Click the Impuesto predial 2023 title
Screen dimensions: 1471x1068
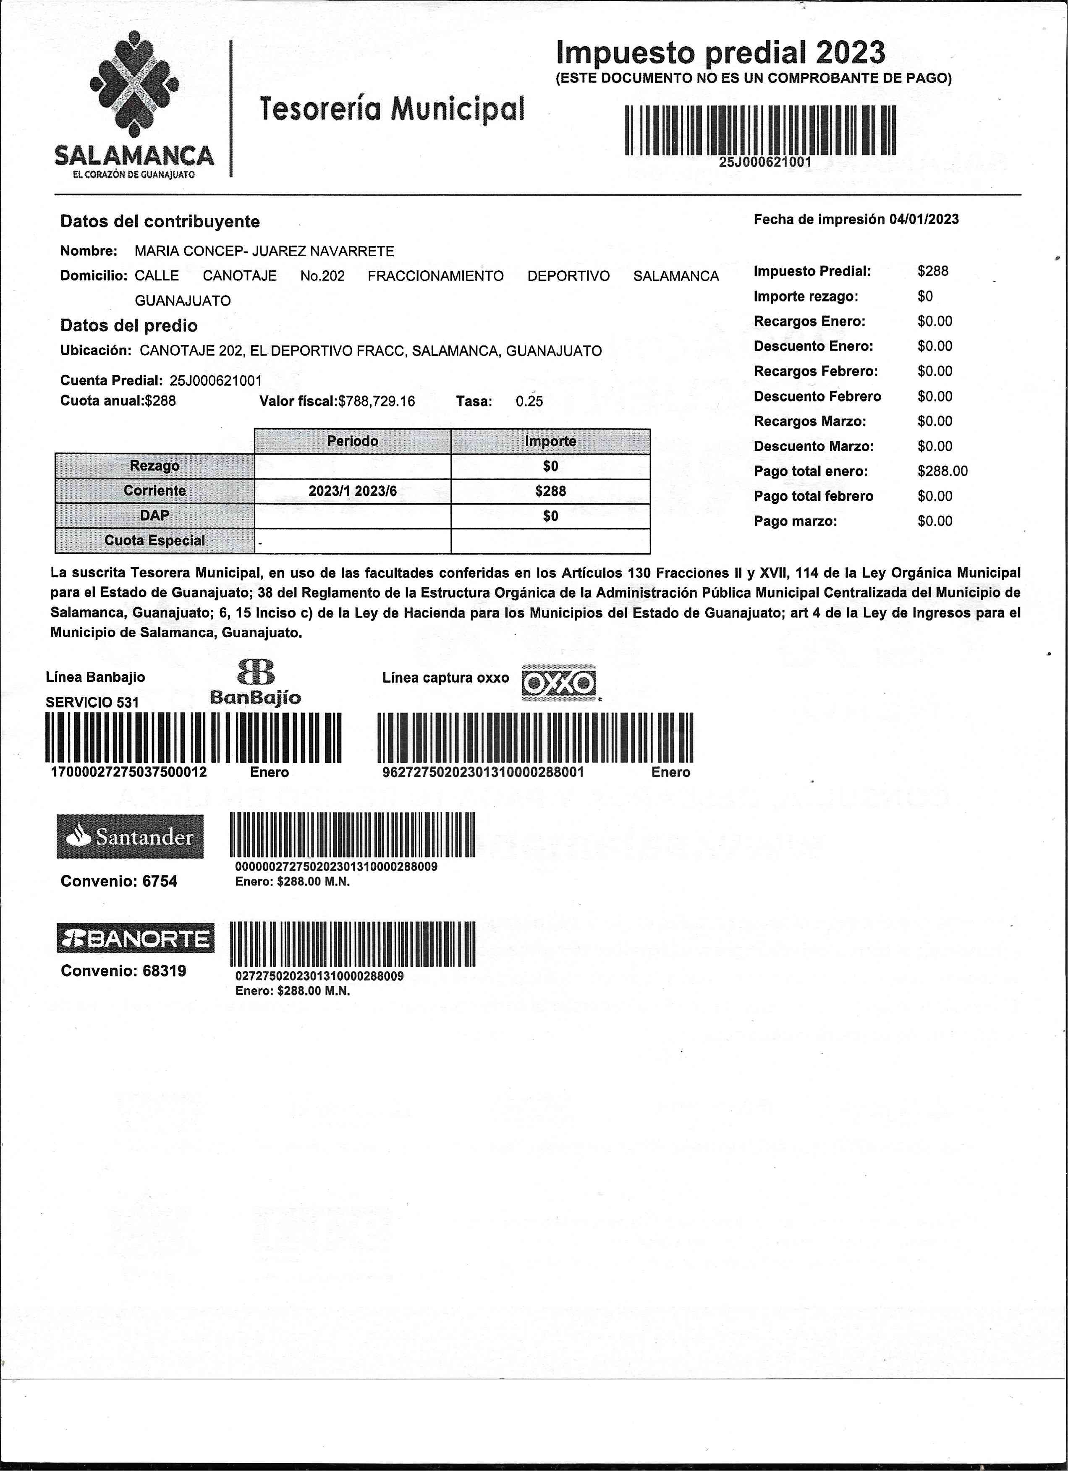click(x=720, y=52)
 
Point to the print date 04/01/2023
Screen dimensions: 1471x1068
click(x=924, y=219)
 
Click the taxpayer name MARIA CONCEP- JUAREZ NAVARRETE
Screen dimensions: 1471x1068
click(x=264, y=251)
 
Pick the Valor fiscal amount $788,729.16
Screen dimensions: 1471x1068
click(x=377, y=401)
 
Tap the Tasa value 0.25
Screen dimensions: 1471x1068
click(x=529, y=401)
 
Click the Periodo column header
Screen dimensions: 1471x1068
click(x=352, y=441)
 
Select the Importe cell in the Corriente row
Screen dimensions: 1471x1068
click(x=550, y=491)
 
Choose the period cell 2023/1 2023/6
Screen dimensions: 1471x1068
click(x=352, y=491)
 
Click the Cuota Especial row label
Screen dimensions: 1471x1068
click(x=154, y=540)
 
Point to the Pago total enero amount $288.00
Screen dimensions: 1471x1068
click(x=942, y=471)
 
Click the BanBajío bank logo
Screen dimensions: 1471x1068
click(x=256, y=683)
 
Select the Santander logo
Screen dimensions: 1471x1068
click(x=130, y=837)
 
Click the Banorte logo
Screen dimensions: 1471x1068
click(x=135, y=938)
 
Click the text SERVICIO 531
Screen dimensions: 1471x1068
click(x=92, y=702)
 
